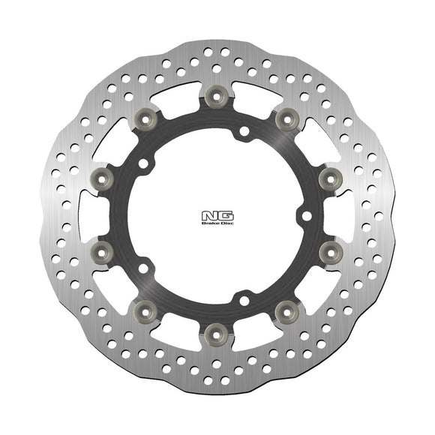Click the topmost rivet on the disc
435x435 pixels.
click(215, 94)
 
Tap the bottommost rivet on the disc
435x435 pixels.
click(215, 330)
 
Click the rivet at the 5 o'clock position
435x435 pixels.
click(285, 307)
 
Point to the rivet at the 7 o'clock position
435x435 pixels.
click(145, 307)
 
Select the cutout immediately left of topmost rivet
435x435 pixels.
click(177, 92)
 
